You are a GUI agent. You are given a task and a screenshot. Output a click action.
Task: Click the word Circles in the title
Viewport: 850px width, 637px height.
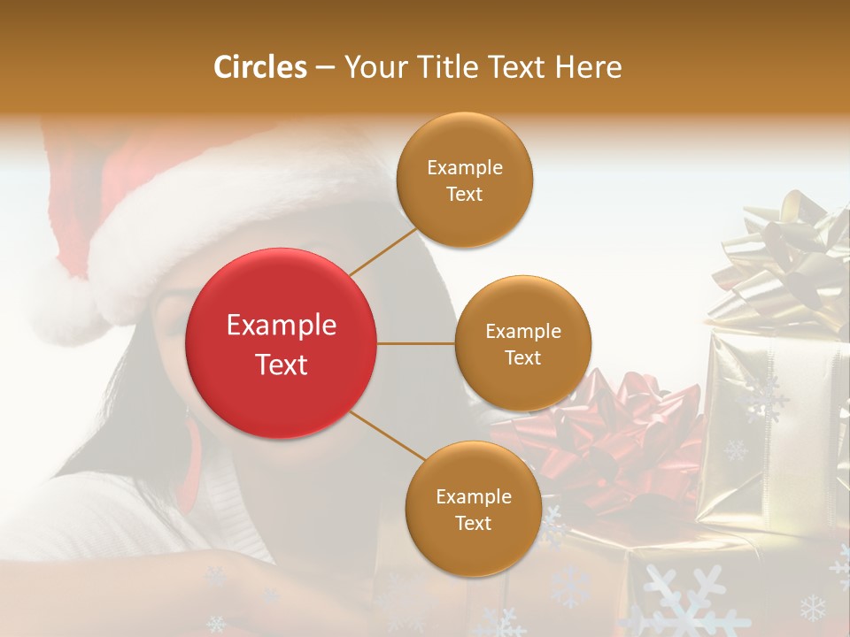259,67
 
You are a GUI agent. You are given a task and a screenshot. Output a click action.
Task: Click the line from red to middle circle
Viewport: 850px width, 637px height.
416,343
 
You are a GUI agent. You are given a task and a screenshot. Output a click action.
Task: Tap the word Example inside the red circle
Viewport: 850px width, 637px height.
282,326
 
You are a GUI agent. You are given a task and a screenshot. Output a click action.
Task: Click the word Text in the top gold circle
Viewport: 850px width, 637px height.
464,194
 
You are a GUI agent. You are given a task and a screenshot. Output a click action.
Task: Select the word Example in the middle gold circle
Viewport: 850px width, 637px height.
522,332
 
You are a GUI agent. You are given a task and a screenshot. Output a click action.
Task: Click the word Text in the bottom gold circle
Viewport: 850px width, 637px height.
473,523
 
